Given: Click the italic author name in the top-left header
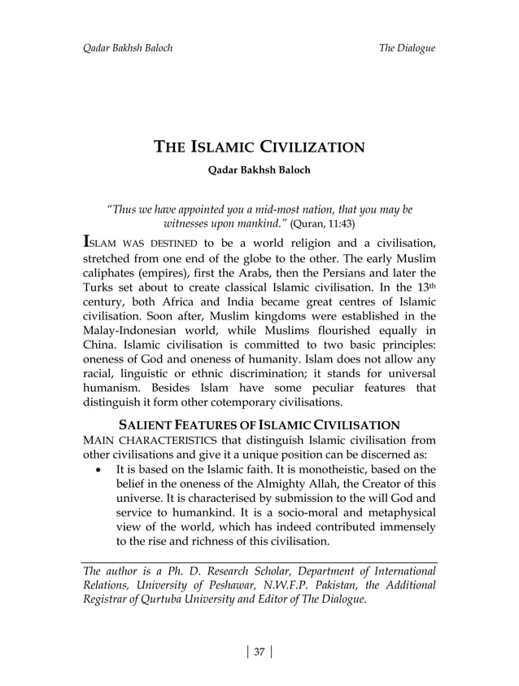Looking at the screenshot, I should point(129,48).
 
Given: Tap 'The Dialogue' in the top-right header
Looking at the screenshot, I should point(407,48).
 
